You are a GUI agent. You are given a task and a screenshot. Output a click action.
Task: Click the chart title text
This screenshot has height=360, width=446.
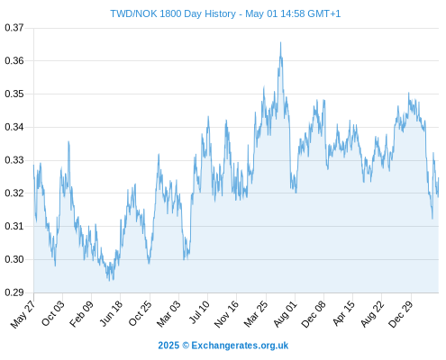click(x=225, y=13)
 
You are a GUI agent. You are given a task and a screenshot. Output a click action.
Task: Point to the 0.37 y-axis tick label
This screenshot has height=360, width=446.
click(x=14, y=28)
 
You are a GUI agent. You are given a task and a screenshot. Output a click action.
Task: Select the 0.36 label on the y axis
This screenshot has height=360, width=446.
click(x=14, y=61)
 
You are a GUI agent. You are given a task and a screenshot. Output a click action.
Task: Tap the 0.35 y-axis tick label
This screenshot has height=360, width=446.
click(x=14, y=94)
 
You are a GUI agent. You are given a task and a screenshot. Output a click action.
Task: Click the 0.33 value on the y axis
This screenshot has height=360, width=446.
click(x=14, y=160)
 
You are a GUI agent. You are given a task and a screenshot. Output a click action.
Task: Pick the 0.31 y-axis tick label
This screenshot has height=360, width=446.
click(x=14, y=226)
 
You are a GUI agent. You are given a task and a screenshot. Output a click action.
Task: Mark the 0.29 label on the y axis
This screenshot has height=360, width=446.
click(x=14, y=292)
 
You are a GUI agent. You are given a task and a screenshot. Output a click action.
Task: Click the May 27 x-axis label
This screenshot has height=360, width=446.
click(x=23, y=314)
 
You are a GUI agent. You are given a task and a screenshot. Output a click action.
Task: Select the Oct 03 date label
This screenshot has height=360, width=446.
click(x=52, y=313)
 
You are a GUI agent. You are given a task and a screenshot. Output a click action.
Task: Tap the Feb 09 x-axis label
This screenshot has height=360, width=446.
click(x=81, y=314)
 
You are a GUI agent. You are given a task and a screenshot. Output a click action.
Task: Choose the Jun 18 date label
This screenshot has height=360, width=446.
click(x=111, y=313)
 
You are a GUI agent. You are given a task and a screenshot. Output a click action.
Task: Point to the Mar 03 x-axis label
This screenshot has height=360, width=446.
click(x=168, y=314)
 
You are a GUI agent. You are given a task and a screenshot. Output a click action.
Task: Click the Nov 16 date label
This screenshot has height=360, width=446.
click(x=226, y=314)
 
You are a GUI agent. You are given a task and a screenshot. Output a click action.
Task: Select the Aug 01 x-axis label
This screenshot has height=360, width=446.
click(x=285, y=314)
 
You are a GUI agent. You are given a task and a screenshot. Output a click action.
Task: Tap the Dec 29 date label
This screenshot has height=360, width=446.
click(x=401, y=314)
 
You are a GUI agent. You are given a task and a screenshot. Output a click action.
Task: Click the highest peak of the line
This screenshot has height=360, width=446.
click(x=280, y=42)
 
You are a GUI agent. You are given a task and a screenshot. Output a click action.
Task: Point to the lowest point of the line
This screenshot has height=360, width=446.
click(x=109, y=281)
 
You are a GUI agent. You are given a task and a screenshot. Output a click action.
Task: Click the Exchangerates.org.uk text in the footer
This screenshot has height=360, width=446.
click(x=240, y=346)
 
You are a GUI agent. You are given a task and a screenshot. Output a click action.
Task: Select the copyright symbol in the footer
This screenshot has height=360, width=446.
click(x=186, y=346)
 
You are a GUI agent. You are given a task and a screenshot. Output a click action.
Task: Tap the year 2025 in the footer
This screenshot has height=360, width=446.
click(x=168, y=346)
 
